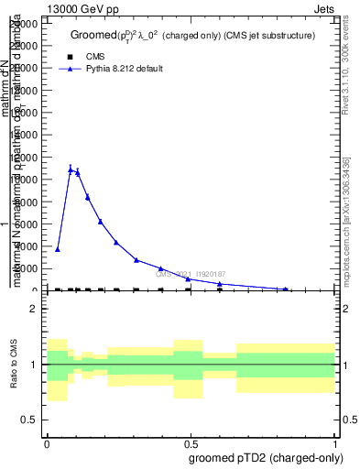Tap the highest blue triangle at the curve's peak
pos(71,169)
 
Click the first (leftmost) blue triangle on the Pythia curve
pos(58,249)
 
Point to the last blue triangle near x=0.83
pos(287,289)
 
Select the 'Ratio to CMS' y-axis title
pos(15,365)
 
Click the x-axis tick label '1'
pos(336,442)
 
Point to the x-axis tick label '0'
pos(47,442)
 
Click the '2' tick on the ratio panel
pos(34,310)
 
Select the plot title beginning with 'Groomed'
pos(192,36)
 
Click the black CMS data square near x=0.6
pos(220,289)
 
